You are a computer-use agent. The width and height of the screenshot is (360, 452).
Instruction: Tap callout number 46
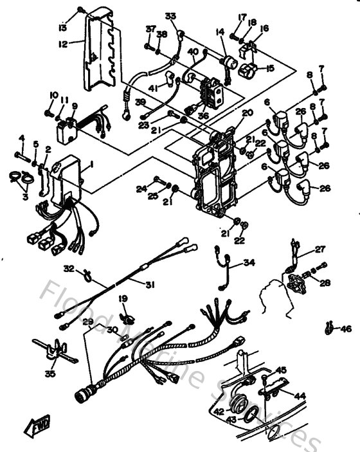pyautogui.click(x=346, y=329)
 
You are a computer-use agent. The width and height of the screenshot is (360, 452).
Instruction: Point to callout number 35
pyautogui.click(x=50, y=373)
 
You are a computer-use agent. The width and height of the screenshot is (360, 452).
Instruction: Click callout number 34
pyautogui.click(x=249, y=263)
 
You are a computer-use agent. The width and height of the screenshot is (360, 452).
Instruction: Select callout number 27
pyautogui.click(x=319, y=249)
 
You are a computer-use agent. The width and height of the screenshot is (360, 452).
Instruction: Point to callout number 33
pyautogui.click(x=170, y=15)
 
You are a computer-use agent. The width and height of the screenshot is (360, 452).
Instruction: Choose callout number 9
pyautogui.click(x=74, y=107)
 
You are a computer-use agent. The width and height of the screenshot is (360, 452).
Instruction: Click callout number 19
pyautogui.click(x=123, y=299)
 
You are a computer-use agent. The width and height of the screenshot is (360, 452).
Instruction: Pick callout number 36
pyautogui.click(x=203, y=116)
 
